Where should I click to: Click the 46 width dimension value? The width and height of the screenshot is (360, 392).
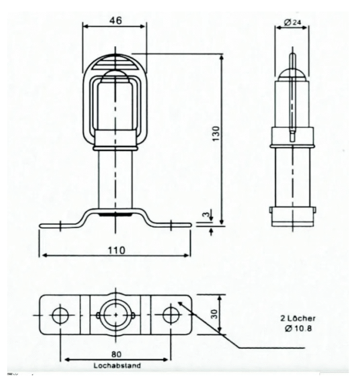(115, 20)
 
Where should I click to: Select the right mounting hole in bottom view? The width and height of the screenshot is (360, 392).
(171, 315)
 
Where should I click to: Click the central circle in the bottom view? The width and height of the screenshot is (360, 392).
(115, 315)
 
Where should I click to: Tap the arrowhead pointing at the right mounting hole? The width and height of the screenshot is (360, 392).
(181, 304)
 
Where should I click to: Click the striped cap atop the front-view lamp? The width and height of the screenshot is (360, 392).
(115, 62)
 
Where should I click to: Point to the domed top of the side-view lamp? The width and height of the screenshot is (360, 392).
(292, 73)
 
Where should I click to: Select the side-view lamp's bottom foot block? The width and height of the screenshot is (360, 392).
(292, 216)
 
